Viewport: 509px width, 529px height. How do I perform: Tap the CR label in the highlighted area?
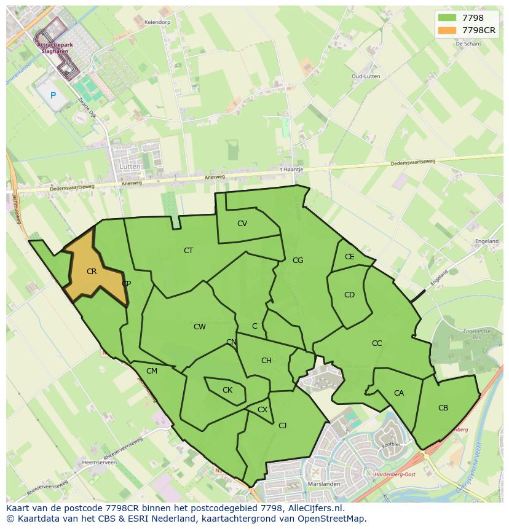pyautogui.click(x=92, y=272)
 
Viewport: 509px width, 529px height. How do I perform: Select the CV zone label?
pyautogui.click(x=242, y=224)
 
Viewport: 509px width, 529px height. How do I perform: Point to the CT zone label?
pyautogui.click(x=189, y=251)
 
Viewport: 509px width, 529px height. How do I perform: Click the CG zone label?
pyautogui.click(x=298, y=261)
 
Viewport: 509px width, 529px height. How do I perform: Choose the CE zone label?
pyautogui.click(x=349, y=257)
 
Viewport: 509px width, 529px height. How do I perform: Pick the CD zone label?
pyautogui.click(x=349, y=295)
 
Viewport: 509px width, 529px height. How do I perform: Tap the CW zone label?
pyautogui.click(x=200, y=327)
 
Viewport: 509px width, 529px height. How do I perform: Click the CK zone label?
pyautogui.click(x=227, y=390)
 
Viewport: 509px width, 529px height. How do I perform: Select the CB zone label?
pyautogui.click(x=443, y=408)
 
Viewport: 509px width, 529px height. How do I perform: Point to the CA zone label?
pyautogui.click(x=399, y=393)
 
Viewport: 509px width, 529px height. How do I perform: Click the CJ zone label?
pyautogui.click(x=283, y=425)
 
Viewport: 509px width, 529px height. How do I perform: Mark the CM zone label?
pyautogui.click(x=152, y=371)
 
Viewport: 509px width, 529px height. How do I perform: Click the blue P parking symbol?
pyautogui.click(x=53, y=95)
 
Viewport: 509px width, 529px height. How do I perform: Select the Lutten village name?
pyautogui.click(x=131, y=167)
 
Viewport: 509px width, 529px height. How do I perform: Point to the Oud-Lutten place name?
pyautogui.click(x=365, y=76)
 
